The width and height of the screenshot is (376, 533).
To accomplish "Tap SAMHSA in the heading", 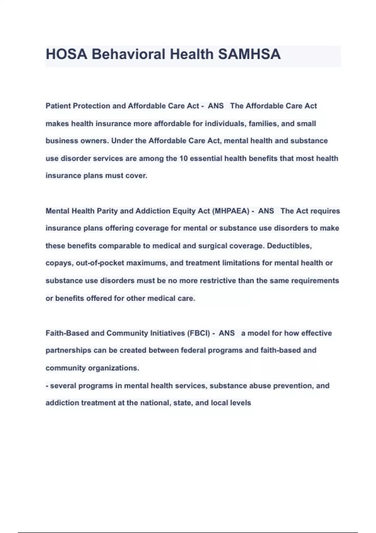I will (x=249, y=54).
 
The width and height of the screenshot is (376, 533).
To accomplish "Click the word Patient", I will (x=58, y=106).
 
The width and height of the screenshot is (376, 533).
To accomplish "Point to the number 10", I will (x=183, y=158).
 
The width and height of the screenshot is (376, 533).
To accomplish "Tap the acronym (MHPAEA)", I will (x=231, y=211).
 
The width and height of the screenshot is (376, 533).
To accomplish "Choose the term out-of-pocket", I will (x=100, y=263).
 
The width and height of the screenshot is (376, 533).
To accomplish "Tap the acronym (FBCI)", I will (x=198, y=333).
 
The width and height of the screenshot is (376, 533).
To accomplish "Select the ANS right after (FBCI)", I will (x=227, y=333).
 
